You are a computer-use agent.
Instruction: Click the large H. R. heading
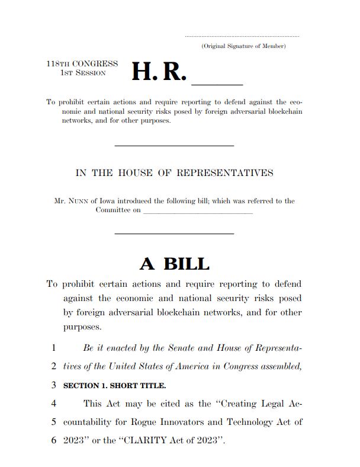(159, 71)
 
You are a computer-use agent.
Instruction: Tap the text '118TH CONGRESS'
(82, 63)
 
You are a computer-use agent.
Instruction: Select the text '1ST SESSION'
(83, 73)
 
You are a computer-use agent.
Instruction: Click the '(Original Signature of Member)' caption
(243, 46)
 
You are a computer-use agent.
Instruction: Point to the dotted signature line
(242, 37)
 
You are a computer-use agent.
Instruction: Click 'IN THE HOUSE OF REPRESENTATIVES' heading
(174, 173)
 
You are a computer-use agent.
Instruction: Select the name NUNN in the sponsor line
(78, 201)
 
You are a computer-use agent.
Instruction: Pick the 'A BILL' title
(174, 264)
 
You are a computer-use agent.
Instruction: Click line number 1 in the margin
(53, 348)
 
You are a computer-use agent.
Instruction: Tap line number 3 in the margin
(53, 385)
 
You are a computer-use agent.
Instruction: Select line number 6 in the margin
(53, 441)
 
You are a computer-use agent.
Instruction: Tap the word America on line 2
(192, 366)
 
